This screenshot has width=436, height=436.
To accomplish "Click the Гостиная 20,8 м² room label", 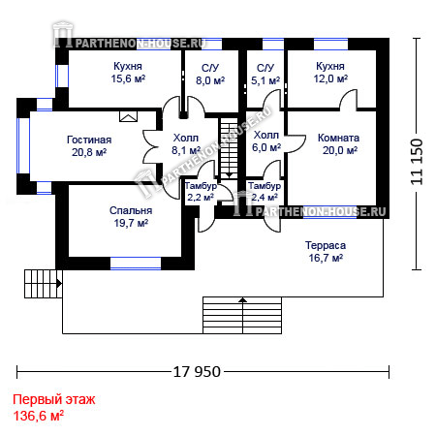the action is [89, 146].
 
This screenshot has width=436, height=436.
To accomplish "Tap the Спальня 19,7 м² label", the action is [131, 217].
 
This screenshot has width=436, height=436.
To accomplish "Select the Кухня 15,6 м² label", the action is [128, 73].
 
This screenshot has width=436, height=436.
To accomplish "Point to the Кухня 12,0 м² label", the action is [330, 73].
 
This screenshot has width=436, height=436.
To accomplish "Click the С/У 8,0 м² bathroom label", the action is [210, 75].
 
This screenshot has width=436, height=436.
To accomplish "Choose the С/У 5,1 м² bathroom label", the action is [265, 75].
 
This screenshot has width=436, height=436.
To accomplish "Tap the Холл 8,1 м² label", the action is [186, 144].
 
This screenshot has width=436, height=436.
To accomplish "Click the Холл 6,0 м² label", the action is [266, 141].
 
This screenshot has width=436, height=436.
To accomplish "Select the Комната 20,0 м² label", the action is [339, 143].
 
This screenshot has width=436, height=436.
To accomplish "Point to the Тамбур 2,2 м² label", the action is [201, 192].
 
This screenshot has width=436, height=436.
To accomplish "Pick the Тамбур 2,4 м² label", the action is [265, 192].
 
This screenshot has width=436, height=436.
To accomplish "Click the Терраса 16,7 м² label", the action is [326, 252].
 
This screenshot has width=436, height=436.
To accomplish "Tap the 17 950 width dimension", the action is [197, 372].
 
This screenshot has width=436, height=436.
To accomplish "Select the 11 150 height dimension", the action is [417, 162].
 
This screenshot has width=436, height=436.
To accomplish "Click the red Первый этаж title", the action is [54, 399].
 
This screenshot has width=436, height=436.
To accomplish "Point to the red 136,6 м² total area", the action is [38, 416].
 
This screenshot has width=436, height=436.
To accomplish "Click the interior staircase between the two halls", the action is [229, 147].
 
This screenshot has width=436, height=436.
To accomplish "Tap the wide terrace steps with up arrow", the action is [242, 315].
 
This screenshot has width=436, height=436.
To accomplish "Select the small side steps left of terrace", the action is [43, 284].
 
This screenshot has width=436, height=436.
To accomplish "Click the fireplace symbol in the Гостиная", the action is [128, 116].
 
